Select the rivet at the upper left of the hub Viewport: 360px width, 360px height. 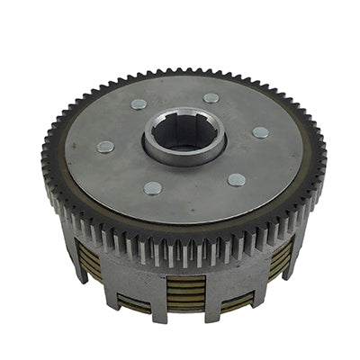tap(139, 104)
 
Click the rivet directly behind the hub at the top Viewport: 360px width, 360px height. tap(211, 98)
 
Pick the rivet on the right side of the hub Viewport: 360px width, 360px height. tap(260, 132)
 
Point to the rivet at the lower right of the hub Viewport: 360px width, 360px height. tap(237, 179)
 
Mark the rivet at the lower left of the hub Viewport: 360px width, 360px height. tap(153, 188)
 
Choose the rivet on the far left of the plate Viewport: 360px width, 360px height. tap(105, 147)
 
